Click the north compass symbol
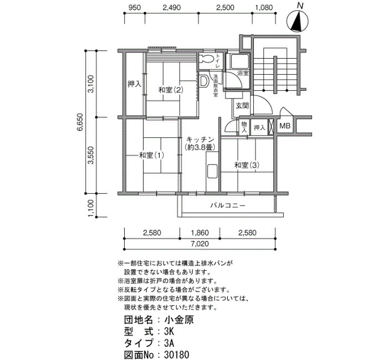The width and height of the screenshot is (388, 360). pos(298,20)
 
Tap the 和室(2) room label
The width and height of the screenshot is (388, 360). pos(171,90)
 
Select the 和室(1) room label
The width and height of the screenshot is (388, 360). pos(151,155)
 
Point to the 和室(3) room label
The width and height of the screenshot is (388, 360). pos(247,165)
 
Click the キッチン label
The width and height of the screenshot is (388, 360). pos(200,139)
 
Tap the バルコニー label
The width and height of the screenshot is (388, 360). pos(228,205)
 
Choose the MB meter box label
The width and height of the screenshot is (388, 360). pos(284,126)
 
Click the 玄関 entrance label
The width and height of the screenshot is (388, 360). pos(242,106)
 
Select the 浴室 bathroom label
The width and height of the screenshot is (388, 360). pos(243,73)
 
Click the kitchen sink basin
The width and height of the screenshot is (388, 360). pos(212,171)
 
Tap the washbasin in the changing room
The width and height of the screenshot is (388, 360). pos(204,81)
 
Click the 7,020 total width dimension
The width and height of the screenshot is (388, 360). pos(200,244)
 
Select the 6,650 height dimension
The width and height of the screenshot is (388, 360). pos(80,122)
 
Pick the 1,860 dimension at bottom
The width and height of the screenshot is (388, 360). pos(200,233)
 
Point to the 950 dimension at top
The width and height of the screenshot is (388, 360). pos(135,7)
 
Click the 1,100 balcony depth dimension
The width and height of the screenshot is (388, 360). pos(91,208)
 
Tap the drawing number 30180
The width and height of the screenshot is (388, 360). pos(176,354)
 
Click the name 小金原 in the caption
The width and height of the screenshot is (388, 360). pos(179,320)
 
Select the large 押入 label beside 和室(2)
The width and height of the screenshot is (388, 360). pos(134,84)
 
